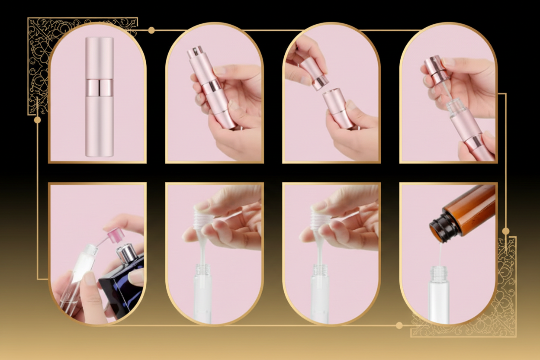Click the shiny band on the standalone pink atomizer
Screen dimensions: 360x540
coord(99,87)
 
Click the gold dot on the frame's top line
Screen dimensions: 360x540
coord(151,30)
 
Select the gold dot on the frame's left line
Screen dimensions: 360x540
coord(37,120)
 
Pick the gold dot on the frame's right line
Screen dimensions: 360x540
coord(505,231)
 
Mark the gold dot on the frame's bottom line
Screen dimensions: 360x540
coord(399,325)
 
